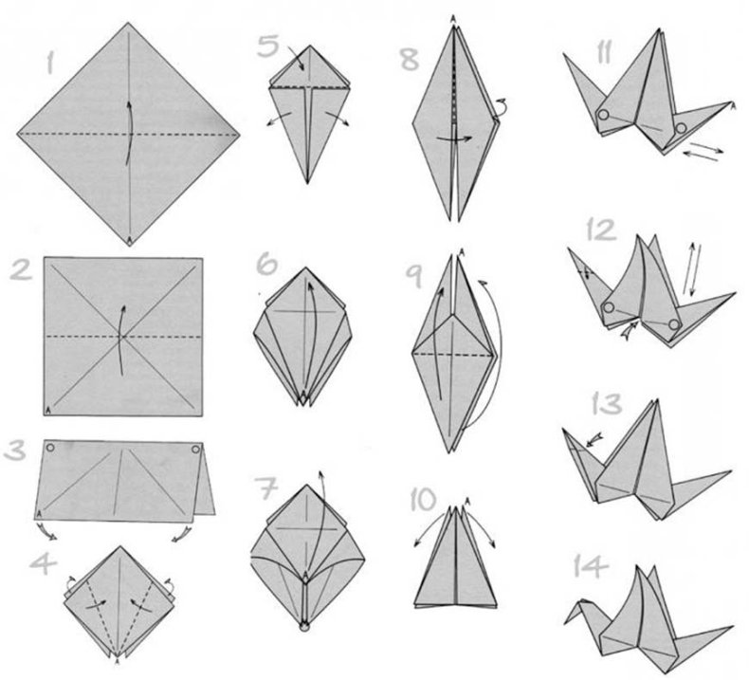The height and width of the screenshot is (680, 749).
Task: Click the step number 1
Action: tap(49, 64)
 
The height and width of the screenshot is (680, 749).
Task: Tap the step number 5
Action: tap(268, 46)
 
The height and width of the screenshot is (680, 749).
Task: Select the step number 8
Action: tap(410, 59)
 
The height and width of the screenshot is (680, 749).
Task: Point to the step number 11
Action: tap(604, 52)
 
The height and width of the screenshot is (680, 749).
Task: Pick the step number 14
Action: tap(591, 566)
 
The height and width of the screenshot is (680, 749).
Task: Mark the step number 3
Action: tap(14, 450)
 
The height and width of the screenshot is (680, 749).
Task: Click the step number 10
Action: tap(423, 500)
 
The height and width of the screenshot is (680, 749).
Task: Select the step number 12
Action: tap(602, 230)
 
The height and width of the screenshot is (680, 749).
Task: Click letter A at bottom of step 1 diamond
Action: tap(129, 240)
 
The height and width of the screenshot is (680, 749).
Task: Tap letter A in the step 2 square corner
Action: tap(48, 409)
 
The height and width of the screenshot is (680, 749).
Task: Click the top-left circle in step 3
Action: tap(50, 448)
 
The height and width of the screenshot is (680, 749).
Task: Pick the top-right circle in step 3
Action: tap(195, 450)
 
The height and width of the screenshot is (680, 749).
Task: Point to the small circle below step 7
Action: tap(304, 628)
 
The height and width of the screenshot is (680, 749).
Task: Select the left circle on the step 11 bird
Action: tap(603, 115)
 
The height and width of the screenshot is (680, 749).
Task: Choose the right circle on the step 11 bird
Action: tap(681, 128)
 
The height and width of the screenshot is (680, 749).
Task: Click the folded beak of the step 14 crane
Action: tap(573, 613)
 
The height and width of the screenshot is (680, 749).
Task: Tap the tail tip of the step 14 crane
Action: tap(731, 627)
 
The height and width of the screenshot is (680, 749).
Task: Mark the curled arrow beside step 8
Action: tap(501, 106)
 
